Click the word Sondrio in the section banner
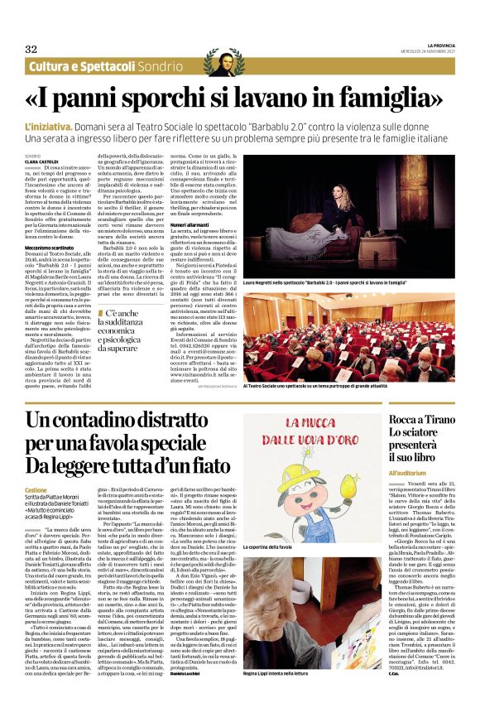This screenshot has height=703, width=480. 156,66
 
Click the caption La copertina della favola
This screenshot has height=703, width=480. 294,571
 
